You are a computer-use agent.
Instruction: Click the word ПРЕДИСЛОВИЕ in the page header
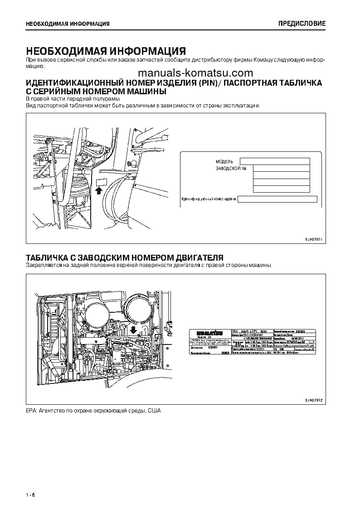[x=302, y=24]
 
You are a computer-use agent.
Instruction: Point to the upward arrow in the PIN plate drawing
[x=99, y=190]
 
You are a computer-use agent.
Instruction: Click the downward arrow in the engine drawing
[x=133, y=328]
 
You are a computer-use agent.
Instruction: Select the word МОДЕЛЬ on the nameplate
[x=224, y=161]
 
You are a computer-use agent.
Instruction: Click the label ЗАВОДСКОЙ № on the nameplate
[x=231, y=169]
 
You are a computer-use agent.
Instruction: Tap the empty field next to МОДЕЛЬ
[x=274, y=161]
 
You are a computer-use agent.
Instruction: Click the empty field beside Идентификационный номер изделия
[x=277, y=199]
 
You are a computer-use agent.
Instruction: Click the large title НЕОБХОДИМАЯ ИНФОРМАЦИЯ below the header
[x=106, y=50]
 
